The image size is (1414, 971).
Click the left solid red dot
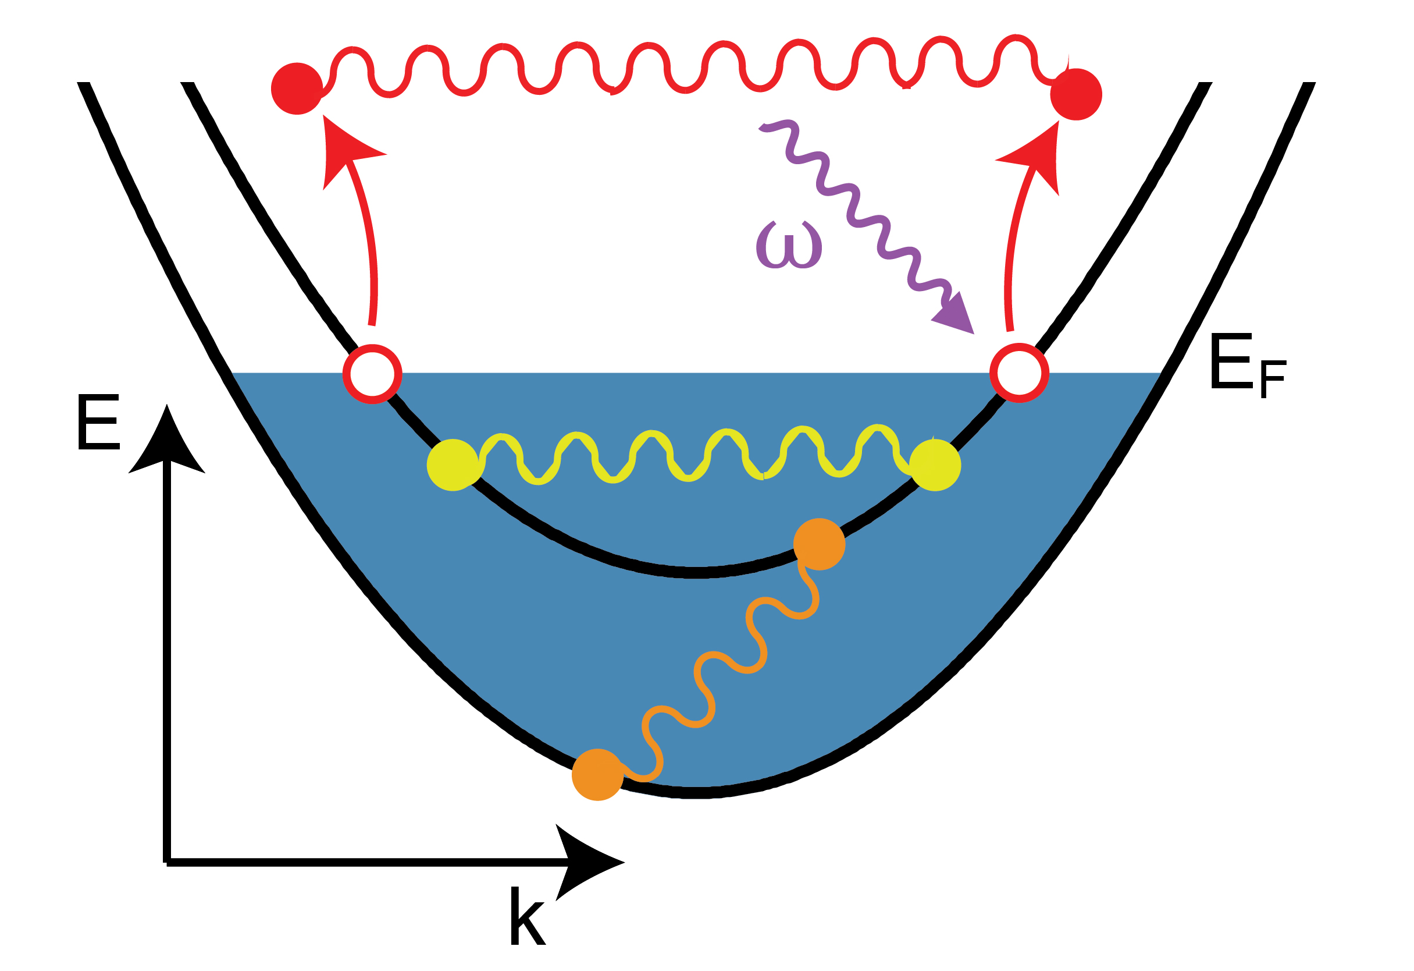pyautogui.click(x=297, y=88)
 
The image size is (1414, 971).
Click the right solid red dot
pyautogui.click(x=1075, y=94)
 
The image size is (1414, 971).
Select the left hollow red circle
pyautogui.click(x=372, y=374)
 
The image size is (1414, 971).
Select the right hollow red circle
pyautogui.click(x=1019, y=373)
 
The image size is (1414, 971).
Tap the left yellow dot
pyautogui.click(x=453, y=465)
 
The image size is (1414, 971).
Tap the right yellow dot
pyautogui.click(x=935, y=465)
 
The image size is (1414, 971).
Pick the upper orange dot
pyautogui.click(x=819, y=544)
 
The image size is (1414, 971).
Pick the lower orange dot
pyautogui.click(x=597, y=774)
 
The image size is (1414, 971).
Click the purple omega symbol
pyautogui.click(x=789, y=244)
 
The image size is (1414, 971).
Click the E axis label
pyautogui.click(x=98, y=423)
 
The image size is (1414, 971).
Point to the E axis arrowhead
pyautogui.click(x=167, y=441)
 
